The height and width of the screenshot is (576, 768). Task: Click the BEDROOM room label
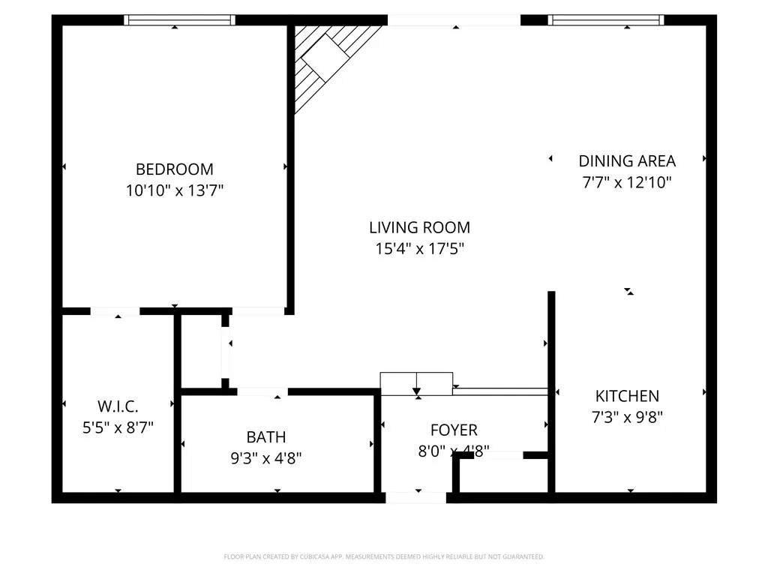click(174, 169)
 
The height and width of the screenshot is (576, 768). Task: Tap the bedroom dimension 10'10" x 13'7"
click(174, 191)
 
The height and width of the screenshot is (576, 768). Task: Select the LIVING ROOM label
click(419, 227)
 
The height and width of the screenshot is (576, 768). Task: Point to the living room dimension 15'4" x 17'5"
click(419, 249)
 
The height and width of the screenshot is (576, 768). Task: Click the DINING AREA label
click(627, 160)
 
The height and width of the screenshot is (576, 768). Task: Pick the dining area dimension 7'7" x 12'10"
click(627, 182)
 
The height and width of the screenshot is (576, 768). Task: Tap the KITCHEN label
click(627, 396)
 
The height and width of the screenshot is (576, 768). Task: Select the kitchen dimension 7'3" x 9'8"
click(627, 417)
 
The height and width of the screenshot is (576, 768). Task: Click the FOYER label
click(454, 430)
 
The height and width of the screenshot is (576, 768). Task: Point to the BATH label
click(265, 436)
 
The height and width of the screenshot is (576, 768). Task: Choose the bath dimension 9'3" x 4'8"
click(265, 457)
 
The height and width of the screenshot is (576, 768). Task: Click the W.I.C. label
click(118, 406)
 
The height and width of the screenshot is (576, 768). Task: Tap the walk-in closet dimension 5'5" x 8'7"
click(118, 427)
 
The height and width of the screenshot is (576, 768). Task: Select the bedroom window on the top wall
click(179, 20)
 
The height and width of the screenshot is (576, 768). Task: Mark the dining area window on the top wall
click(606, 20)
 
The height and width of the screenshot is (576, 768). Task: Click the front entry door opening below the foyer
click(415, 497)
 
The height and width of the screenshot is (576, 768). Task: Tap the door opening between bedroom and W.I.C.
click(115, 311)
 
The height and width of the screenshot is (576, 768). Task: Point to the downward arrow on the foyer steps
click(416, 389)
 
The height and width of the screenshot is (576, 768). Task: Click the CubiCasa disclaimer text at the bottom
click(384, 556)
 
